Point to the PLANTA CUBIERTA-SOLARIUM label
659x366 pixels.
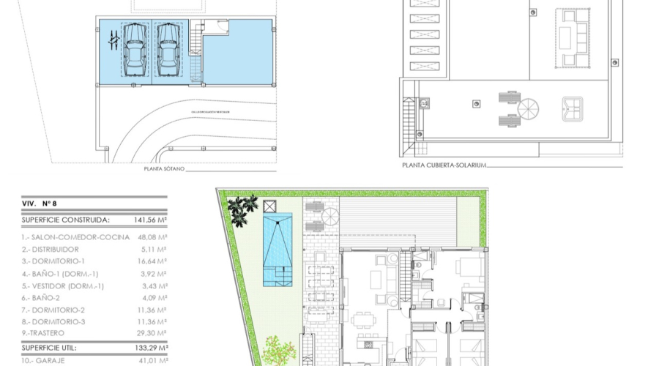[x=444, y=165]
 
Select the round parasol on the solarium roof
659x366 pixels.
[x=528, y=109]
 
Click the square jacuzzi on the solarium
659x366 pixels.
[x=573, y=108]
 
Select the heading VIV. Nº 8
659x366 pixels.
[x=40, y=204]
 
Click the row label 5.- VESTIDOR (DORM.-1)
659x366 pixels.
[x=64, y=285]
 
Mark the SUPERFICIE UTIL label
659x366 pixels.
[x=49, y=348]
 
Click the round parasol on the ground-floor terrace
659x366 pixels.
[x=329, y=217]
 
